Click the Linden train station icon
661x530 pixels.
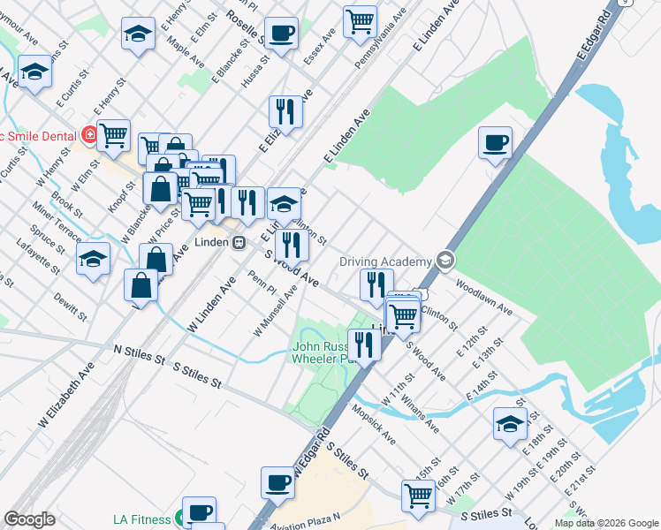239,242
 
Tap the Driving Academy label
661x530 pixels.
386,261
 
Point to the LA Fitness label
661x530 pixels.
142,519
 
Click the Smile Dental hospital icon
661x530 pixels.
88,135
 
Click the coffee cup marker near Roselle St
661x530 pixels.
281,34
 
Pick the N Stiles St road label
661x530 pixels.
140,353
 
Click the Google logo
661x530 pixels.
29,519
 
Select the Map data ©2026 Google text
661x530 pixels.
606,523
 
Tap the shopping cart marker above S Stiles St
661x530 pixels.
418,495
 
